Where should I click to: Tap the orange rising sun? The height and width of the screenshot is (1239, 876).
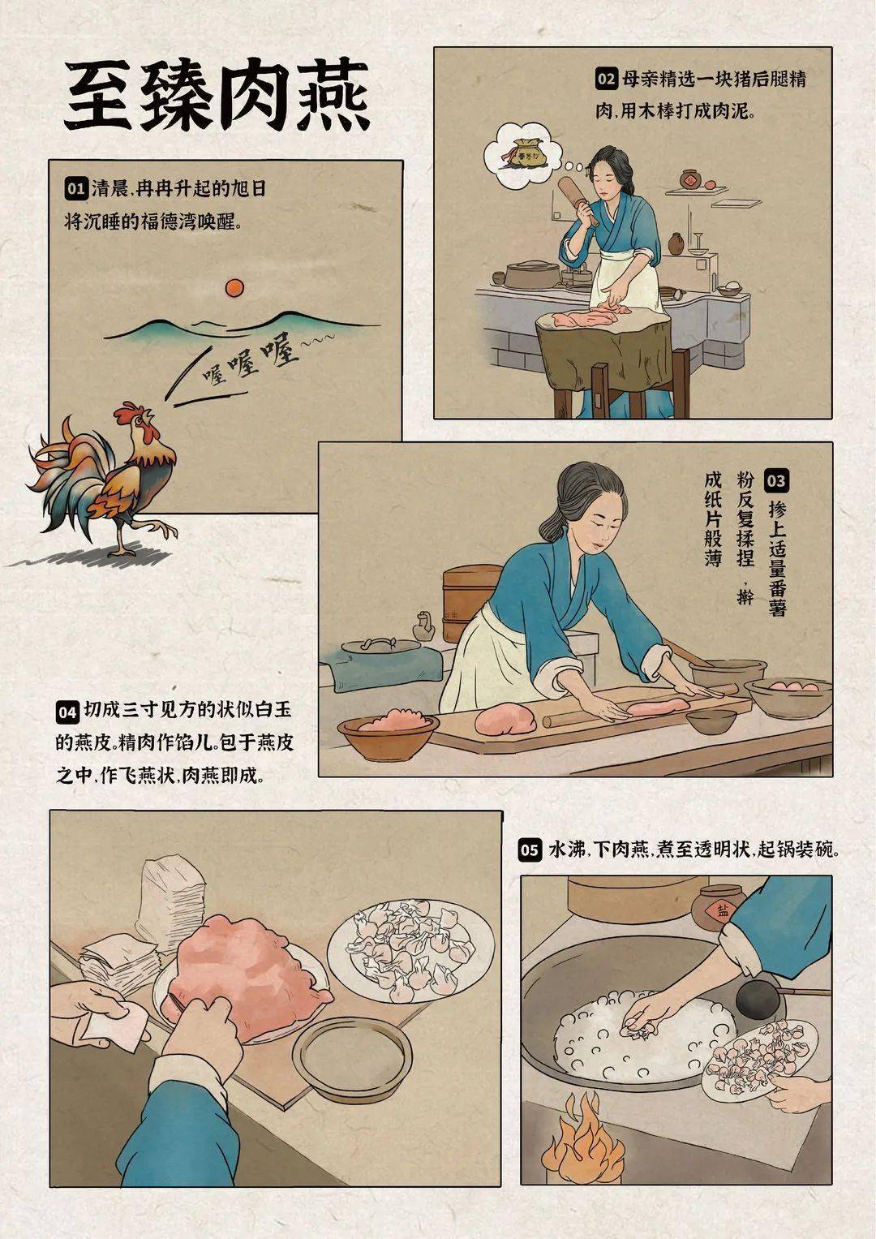(234, 287)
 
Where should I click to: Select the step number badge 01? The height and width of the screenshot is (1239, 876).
(75, 189)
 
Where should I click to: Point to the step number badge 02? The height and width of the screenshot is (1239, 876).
(606, 79)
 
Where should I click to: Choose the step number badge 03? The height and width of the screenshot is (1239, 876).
(775, 480)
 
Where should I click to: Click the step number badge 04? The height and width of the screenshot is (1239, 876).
(67, 712)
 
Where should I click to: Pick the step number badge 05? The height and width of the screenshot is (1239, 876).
(529, 850)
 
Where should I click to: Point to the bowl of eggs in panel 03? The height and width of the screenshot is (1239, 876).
(788, 694)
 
